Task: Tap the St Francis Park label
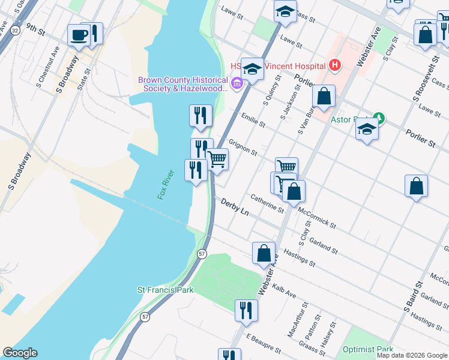pyautogui.click(x=165, y=290)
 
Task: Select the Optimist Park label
pyautogui.click(x=367, y=349)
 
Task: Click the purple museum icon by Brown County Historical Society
pyautogui.click(x=237, y=83)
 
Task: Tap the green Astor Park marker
pyautogui.click(x=378, y=118)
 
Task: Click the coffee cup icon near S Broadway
pyautogui.click(x=79, y=35)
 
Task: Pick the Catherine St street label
pyautogui.click(x=267, y=203)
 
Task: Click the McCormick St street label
pyautogui.click(x=316, y=218)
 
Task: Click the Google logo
pyautogui.click(x=20, y=353)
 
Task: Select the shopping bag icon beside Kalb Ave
pyautogui.click(x=264, y=253)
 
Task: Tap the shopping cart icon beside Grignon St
pyautogui.click(x=217, y=160)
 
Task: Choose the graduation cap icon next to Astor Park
pyautogui.click(x=366, y=130)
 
